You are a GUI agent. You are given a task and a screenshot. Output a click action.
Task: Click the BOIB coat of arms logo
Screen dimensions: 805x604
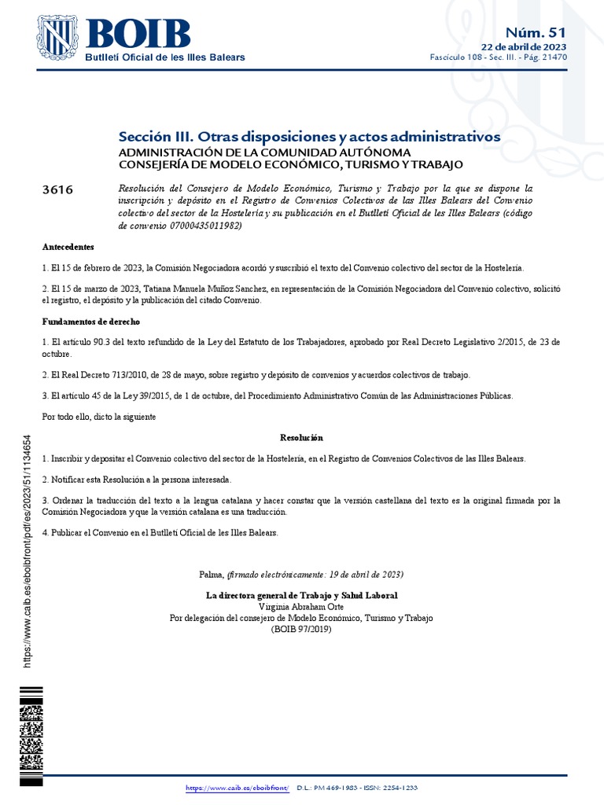(x=60, y=39)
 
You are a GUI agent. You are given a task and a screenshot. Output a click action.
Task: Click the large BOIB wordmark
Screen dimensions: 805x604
(x=138, y=33)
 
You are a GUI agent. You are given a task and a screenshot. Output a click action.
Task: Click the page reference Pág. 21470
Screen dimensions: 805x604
(x=547, y=58)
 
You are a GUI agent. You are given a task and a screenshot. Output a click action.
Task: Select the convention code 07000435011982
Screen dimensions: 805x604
(x=202, y=225)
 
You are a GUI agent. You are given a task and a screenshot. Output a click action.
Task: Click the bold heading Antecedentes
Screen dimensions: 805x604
(x=68, y=247)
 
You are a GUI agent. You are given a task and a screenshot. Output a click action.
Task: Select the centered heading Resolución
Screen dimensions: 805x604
(x=301, y=437)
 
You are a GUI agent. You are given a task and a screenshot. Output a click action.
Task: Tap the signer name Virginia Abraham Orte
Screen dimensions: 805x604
(x=301, y=607)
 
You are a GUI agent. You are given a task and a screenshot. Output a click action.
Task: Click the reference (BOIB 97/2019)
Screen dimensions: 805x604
(x=301, y=629)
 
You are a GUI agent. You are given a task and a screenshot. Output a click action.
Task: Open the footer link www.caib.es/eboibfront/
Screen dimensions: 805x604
(x=238, y=788)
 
